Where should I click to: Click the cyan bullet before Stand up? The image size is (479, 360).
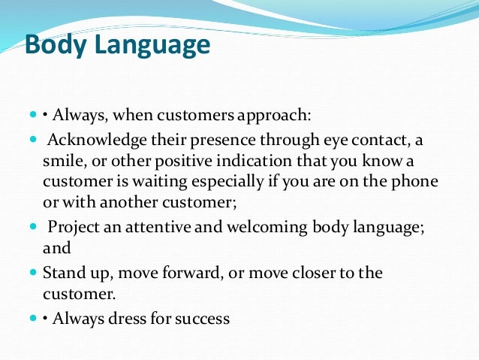34,273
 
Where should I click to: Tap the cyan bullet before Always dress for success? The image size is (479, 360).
34,319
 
